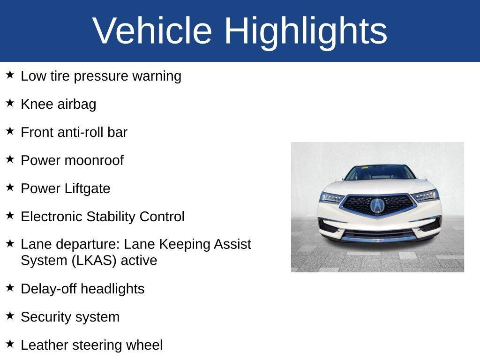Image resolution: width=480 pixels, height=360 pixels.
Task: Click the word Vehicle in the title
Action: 152,30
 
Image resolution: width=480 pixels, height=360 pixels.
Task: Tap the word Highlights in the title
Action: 306,30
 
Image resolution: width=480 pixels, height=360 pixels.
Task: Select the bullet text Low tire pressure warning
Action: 101,76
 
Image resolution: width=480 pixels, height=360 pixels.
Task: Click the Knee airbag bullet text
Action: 58,104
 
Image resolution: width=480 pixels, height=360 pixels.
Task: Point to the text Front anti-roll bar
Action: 74,132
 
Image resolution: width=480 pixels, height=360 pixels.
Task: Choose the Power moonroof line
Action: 72,160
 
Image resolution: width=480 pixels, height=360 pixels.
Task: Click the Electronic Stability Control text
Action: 103,217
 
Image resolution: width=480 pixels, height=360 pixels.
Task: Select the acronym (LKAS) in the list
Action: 94,260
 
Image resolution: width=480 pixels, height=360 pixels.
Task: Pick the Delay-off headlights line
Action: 82,289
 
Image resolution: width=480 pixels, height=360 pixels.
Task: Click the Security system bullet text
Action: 70,317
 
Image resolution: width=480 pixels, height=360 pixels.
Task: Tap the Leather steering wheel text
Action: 91,345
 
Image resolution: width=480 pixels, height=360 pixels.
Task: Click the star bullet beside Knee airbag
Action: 10,103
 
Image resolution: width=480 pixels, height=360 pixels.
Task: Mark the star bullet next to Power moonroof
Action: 10,159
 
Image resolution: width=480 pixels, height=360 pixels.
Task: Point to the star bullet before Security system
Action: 10,315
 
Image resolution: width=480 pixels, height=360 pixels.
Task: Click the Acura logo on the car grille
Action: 377,205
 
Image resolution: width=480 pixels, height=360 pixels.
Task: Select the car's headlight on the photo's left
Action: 331,198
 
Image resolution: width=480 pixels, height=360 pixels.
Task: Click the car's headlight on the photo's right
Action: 426,195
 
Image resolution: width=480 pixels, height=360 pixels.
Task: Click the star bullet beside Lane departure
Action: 10,243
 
